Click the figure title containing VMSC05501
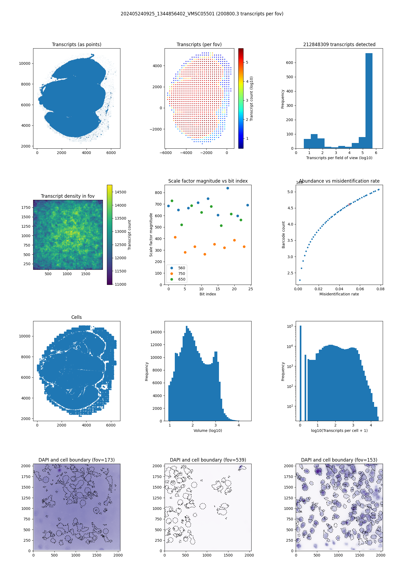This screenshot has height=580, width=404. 202,14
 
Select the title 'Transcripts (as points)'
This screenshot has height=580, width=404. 76,45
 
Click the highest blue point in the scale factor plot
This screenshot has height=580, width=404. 228,188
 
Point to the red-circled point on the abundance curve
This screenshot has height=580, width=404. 349,204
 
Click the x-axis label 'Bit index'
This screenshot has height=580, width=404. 208,294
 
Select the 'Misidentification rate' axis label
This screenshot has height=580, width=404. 339,294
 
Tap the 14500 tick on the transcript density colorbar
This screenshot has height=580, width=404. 120,192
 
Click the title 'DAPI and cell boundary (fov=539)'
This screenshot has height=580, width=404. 208,460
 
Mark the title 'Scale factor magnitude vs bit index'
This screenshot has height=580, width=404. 208,181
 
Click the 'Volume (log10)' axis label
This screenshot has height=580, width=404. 208,431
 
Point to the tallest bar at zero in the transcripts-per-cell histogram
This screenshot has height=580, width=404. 301,372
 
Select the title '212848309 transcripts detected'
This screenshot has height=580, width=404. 339,45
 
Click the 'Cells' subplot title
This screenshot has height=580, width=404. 76,317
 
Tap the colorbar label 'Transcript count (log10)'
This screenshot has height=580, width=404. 252,98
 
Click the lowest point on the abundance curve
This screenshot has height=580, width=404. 300,280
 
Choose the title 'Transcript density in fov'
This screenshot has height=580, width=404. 68,196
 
